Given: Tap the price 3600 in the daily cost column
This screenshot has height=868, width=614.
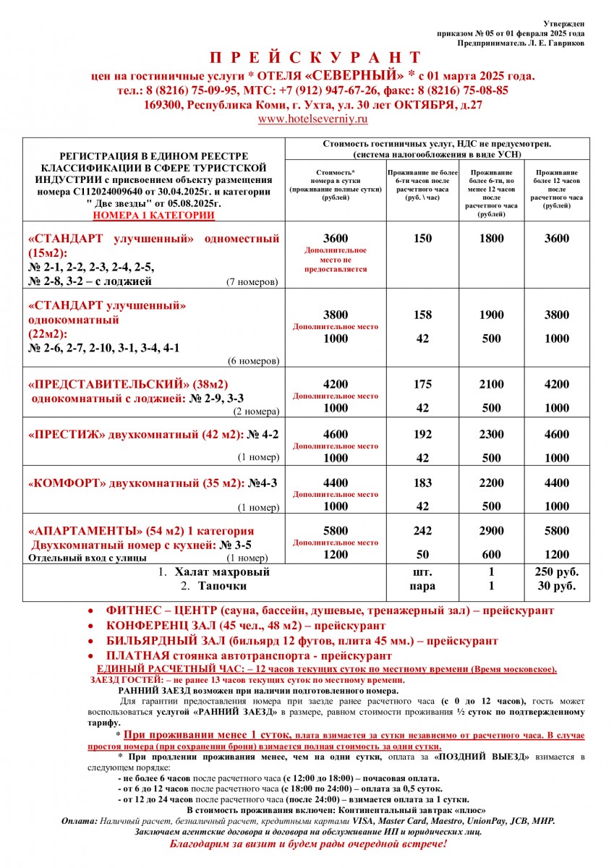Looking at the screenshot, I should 336,239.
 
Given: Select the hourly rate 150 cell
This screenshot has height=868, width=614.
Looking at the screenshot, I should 422,239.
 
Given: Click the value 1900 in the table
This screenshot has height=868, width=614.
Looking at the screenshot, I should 492,315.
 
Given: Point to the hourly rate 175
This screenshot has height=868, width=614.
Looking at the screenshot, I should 422,385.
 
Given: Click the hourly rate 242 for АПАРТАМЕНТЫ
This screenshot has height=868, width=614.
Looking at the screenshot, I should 422,531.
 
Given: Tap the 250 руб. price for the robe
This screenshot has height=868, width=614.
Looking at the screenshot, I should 556,571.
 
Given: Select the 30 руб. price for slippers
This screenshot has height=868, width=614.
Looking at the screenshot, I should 556,586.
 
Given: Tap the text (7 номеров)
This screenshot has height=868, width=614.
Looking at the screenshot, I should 252,281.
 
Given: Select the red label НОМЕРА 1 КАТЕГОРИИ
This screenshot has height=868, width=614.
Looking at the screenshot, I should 153,215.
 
